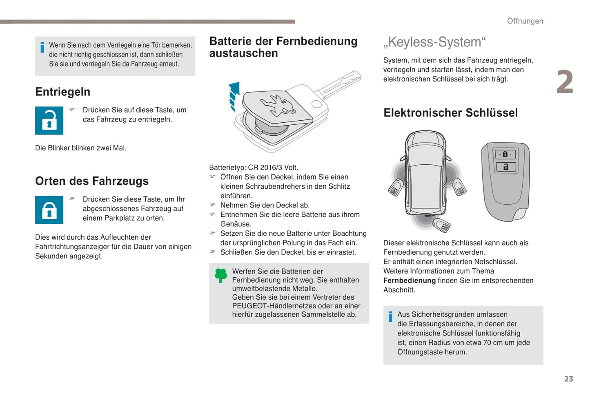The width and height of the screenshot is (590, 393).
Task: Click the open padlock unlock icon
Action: tap(49, 121)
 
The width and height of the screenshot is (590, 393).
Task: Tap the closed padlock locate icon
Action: tap(49, 210)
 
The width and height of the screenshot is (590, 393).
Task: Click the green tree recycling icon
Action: tap(221, 276)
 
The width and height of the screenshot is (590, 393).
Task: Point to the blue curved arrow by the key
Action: tap(234, 96)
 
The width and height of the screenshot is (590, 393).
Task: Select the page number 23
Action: tap(569, 379)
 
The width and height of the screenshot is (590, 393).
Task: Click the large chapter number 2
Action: tap(565, 82)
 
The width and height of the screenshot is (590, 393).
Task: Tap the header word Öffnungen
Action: tap(525, 21)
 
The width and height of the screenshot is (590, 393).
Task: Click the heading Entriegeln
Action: tap(63, 92)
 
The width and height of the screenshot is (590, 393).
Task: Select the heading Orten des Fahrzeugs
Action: tap(92, 181)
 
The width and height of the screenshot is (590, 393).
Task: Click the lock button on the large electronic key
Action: tap(505, 155)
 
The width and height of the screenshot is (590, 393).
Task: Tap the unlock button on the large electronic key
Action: tap(506, 167)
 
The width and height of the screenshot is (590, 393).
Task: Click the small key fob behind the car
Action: tap(442, 225)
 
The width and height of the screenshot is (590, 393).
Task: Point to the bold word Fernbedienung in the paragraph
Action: tap(410, 280)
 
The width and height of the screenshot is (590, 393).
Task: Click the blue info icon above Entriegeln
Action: tap(42, 47)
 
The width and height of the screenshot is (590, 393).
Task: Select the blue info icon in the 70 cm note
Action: tap(390, 317)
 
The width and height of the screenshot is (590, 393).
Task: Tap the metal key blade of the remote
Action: tap(340, 84)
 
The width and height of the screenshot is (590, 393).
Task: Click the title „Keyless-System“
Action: tap(434, 42)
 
